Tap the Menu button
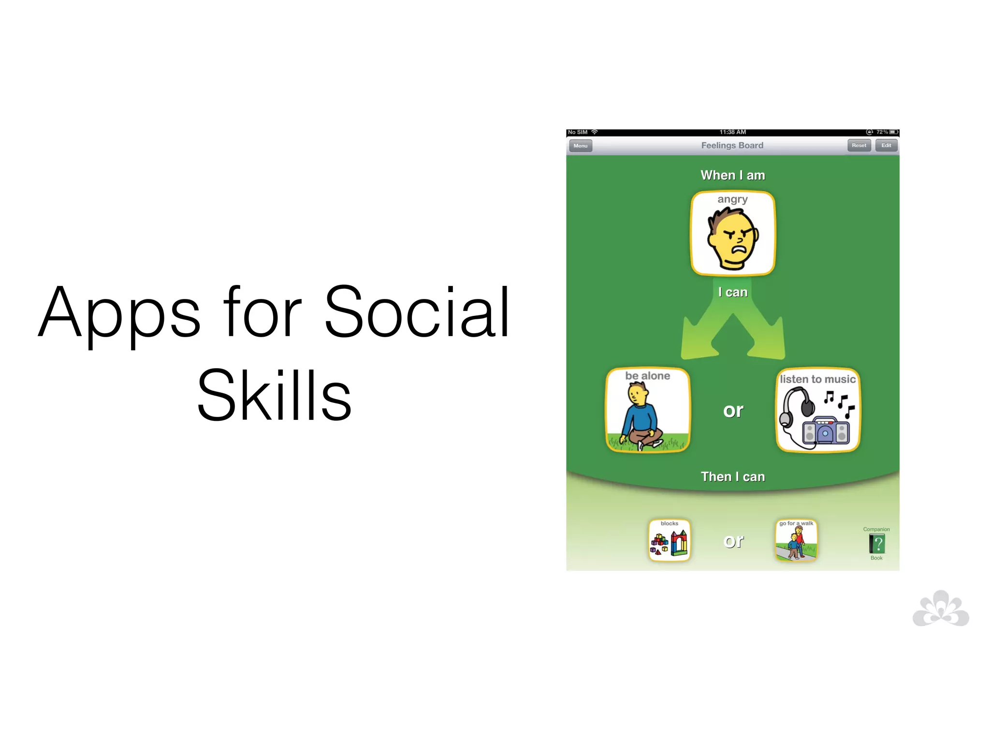pos(580,146)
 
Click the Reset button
pos(859,145)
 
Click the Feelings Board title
pos(732,145)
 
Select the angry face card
pos(733,234)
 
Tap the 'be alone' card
pos(647,410)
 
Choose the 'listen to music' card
pos(818,410)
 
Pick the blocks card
pos(669,540)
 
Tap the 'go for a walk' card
pos(796,540)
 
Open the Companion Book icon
pos(876,544)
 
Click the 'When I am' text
pos(733,175)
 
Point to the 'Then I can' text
pos(733,477)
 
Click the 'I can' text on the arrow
pos(733,292)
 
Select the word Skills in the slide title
pos(274,395)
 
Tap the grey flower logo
pos(941,609)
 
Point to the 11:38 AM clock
pos(732,132)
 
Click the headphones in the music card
pos(798,406)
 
